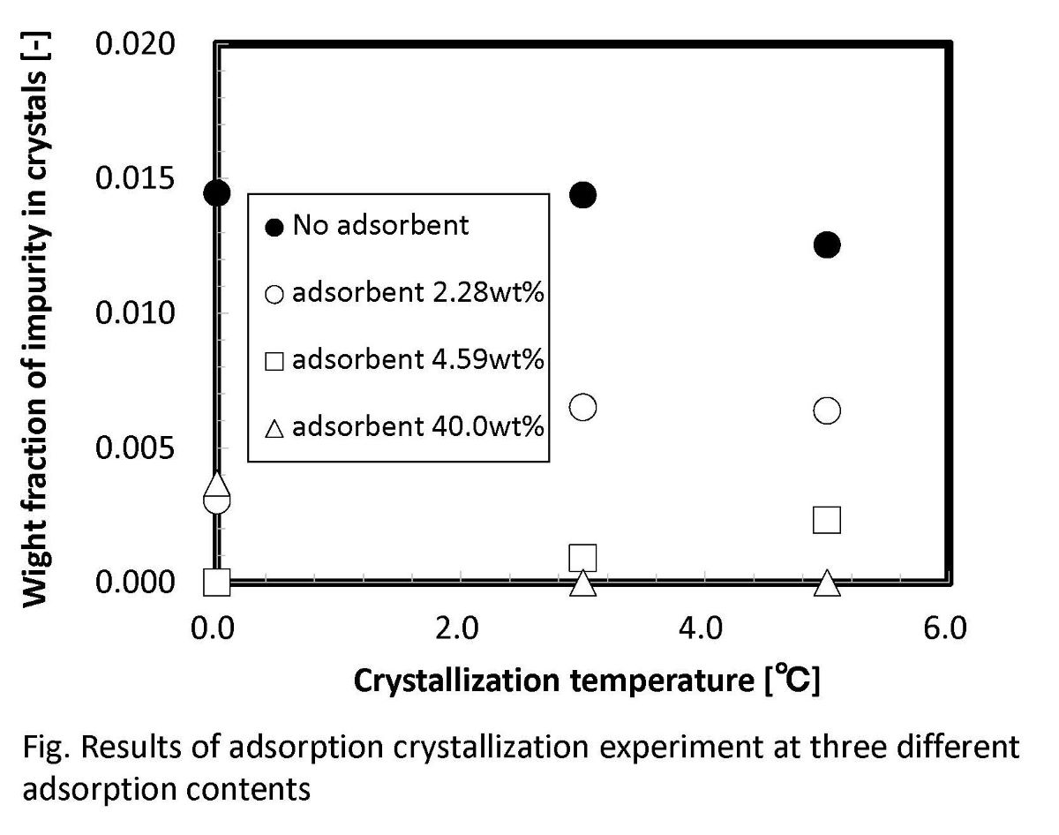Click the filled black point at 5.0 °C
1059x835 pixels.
(827, 244)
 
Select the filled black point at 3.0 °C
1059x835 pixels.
(582, 195)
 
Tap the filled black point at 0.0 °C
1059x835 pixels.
(216, 192)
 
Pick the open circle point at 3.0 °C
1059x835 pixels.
(582, 407)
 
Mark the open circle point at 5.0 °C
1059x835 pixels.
(827, 410)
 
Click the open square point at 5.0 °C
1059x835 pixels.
(827, 520)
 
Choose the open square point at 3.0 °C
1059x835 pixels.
(582, 558)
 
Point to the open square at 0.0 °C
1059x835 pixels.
(216, 582)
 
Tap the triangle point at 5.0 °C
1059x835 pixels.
(827, 583)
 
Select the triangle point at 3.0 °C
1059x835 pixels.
(582, 583)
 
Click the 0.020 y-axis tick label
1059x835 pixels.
(145, 44)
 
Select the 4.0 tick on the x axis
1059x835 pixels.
(700, 628)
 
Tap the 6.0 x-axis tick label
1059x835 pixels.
(944, 628)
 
